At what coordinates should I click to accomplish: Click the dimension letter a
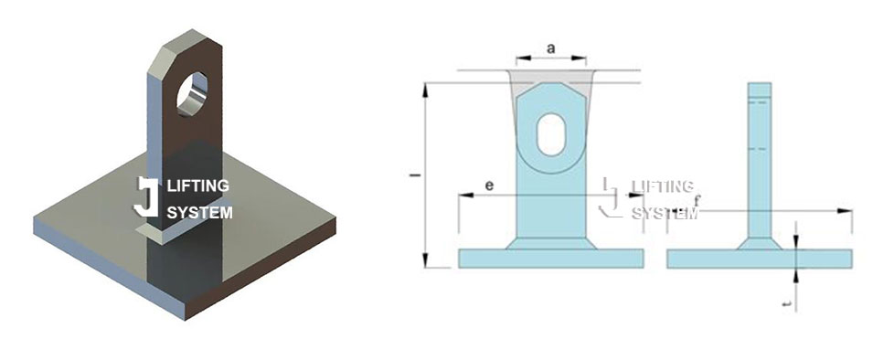pos(551,48)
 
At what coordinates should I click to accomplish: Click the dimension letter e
pos(489,185)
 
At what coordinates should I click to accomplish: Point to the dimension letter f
pos(697,200)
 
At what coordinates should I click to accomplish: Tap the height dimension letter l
pos(415,175)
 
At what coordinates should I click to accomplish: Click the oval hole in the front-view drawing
pos(551,134)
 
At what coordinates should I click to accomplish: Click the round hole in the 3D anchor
pos(192,94)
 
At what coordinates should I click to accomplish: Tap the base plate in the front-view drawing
pos(551,258)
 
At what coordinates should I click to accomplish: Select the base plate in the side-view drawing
pos(760,259)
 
